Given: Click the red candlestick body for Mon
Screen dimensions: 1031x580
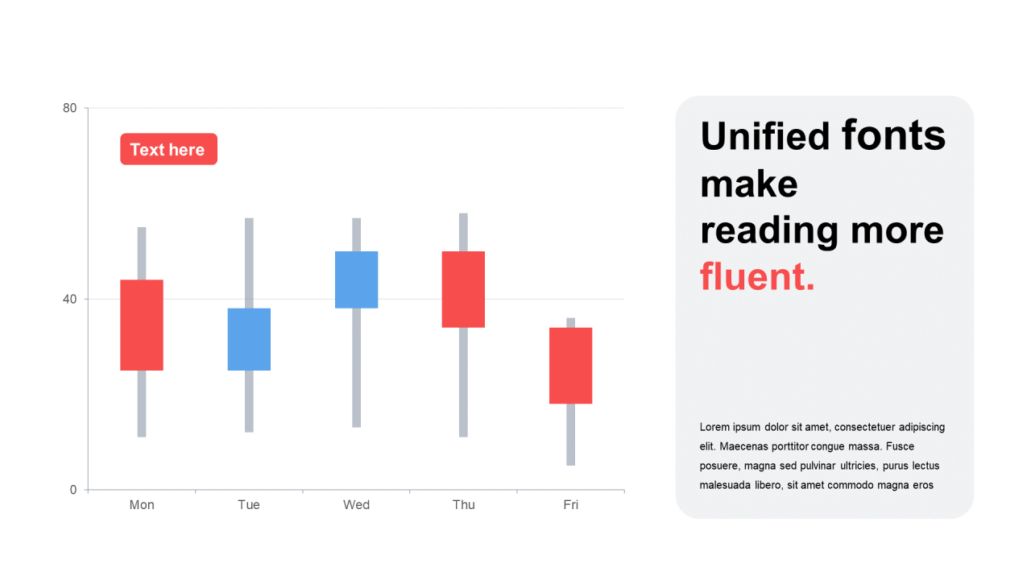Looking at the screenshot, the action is [x=142, y=325].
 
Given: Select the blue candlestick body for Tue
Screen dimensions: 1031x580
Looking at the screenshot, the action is [x=249, y=339].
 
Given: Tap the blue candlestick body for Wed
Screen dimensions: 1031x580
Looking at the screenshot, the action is [x=356, y=280].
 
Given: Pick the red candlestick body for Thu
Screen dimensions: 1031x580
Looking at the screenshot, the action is [x=463, y=289].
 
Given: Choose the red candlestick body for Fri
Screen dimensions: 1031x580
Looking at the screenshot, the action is [x=571, y=366].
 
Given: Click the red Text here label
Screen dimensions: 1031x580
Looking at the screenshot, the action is [x=169, y=149].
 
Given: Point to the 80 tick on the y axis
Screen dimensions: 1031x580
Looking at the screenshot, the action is [x=69, y=108].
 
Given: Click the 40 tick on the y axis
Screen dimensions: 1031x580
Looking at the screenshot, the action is [x=69, y=299].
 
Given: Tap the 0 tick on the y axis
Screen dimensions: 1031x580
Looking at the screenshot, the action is [x=73, y=490].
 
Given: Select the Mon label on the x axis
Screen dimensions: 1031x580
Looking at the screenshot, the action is [x=142, y=505].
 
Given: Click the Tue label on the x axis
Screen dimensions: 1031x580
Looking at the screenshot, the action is [x=249, y=505].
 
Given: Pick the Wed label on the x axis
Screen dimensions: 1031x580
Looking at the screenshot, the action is [x=356, y=505].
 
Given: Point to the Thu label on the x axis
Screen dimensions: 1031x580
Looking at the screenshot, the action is [x=463, y=505].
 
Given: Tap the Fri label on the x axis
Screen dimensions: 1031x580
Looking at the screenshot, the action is [x=571, y=505].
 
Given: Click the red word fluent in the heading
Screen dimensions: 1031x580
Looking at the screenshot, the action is [x=757, y=276].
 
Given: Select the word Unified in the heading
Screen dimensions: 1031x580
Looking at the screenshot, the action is [x=765, y=136].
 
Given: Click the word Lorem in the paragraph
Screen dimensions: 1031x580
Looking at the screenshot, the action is [x=714, y=427].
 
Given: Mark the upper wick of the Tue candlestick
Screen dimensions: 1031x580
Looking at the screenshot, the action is [x=249, y=263].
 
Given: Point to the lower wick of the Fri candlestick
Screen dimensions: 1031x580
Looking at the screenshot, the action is [x=571, y=435].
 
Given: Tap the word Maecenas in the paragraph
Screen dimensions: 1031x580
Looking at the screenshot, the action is [x=743, y=446].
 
